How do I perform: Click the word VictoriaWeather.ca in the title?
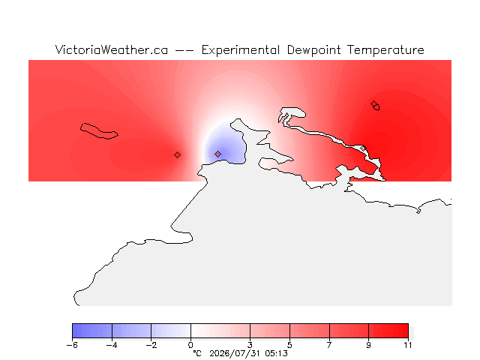tap(112, 50)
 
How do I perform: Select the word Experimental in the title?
tap(241, 50)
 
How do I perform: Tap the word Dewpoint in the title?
tap(313, 50)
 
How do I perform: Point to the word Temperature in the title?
tap(385, 50)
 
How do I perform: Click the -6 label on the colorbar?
tap(72, 345)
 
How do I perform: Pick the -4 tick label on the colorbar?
tap(112, 345)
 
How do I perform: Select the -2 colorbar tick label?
tap(151, 345)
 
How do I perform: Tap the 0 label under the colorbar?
tap(190, 345)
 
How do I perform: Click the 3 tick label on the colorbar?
tap(250, 345)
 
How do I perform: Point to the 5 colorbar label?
tap(289, 345)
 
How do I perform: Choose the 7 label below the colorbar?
tap(329, 345)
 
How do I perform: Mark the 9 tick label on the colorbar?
tap(368, 345)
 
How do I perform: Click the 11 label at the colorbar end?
tap(408, 345)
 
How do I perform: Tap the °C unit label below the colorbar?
tap(197, 353)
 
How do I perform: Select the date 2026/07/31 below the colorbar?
tap(235, 353)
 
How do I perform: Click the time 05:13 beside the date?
tap(277, 353)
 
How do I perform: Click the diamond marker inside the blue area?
tap(217, 154)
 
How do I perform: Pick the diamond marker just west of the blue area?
tap(177, 155)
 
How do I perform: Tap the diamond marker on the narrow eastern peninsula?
tap(363, 148)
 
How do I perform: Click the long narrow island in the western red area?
tap(98, 131)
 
